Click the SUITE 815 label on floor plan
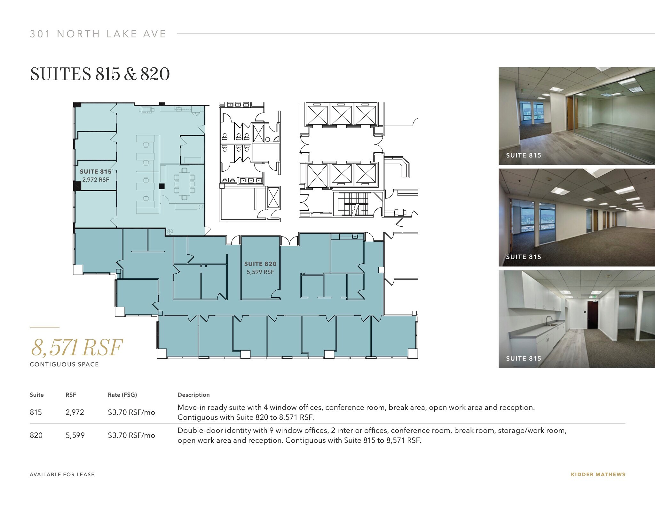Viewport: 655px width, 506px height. click(x=95, y=172)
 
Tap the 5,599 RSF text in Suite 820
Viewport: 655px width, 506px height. click(x=260, y=272)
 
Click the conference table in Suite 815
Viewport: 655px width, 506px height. click(x=184, y=184)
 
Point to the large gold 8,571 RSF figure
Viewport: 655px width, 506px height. click(x=77, y=348)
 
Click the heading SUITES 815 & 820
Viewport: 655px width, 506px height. click(x=100, y=74)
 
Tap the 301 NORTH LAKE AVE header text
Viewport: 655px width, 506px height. click(x=98, y=34)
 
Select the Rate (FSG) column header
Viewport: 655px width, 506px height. click(x=122, y=395)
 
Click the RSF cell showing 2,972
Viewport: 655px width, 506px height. click(x=75, y=412)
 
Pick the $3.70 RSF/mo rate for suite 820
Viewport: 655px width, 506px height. click(x=131, y=435)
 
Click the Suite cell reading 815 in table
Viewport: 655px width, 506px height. click(x=36, y=412)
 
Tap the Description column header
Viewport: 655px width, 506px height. click(x=193, y=395)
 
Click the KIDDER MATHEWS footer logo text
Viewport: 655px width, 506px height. click(x=598, y=475)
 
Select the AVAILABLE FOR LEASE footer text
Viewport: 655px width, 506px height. click(x=62, y=475)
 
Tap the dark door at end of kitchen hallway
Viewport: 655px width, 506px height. click(x=592, y=315)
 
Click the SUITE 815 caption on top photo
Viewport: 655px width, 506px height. click(x=523, y=155)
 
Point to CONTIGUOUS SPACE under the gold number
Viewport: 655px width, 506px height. click(x=64, y=364)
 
